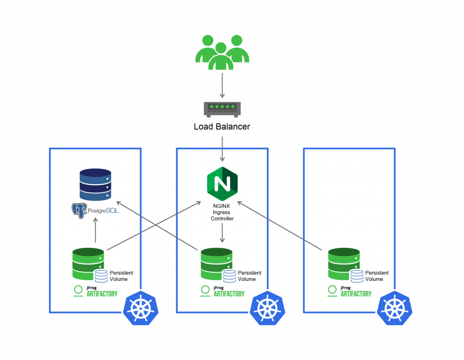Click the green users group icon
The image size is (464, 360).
[x=222, y=53]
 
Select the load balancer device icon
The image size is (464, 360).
[x=222, y=110]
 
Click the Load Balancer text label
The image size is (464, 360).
[x=222, y=127]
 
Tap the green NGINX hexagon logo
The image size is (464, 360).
[x=222, y=184]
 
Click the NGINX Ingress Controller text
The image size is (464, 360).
[x=222, y=212]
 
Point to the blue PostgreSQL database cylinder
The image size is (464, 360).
[x=95, y=185]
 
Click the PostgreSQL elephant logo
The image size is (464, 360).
[x=79, y=211]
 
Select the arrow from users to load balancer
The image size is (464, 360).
[x=222, y=85]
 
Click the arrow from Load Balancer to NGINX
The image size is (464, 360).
[x=222, y=149]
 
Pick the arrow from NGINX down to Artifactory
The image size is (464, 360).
[x=222, y=233]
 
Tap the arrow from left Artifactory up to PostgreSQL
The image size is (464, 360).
[x=96, y=230]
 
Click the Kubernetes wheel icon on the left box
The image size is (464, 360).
[x=141, y=308]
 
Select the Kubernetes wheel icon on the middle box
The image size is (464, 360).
[x=267, y=308]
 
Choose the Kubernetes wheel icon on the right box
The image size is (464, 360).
[x=395, y=308]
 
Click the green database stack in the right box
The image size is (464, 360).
[x=344, y=264]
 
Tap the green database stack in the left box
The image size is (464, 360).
[x=88, y=264]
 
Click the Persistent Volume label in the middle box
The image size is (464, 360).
[x=250, y=276]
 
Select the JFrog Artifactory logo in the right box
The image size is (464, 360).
[x=349, y=291]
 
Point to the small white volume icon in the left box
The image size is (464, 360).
[x=101, y=276]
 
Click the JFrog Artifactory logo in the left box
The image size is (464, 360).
[x=95, y=291]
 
